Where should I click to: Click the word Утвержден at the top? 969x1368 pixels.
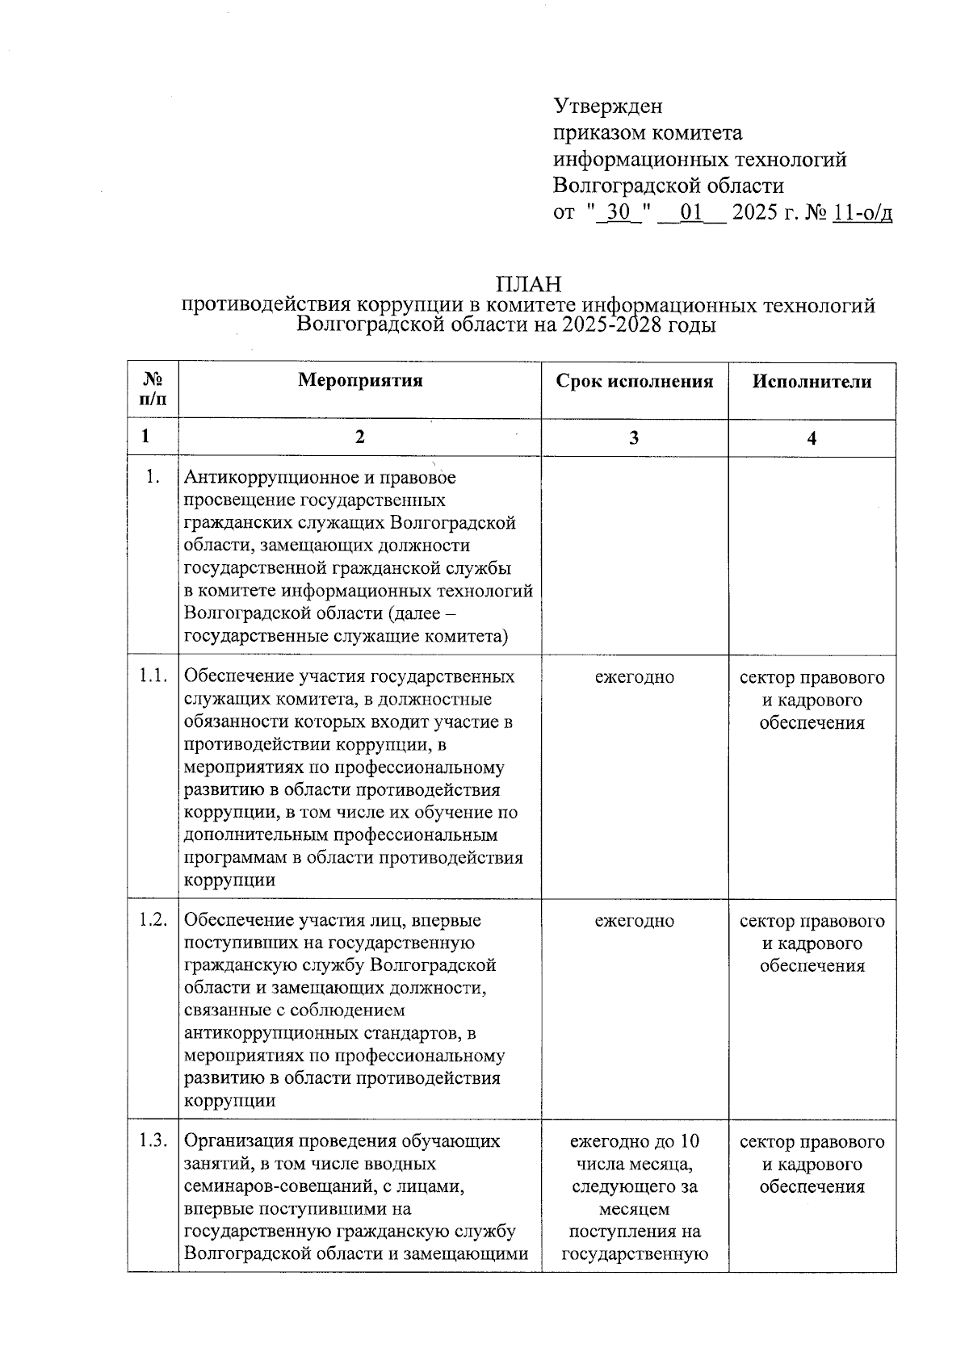coord(607,106)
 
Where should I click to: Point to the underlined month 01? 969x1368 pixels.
coord(691,213)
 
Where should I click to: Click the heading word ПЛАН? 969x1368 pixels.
coord(529,284)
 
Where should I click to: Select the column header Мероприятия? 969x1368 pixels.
coord(360,381)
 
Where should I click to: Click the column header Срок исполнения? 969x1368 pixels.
coord(635,382)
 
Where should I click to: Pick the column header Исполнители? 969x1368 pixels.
coord(812,382)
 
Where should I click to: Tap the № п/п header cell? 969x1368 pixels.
coord(153,389)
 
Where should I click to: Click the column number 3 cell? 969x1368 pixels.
coord(635,437)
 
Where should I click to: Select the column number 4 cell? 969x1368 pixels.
coord(812,438)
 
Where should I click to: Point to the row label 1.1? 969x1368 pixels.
coord(153,676)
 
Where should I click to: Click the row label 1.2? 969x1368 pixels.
coord(153,919)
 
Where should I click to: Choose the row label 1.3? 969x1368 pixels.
coord(153,1140)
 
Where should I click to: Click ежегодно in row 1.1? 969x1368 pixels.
coord(635,677)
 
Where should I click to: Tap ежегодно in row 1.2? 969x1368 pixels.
coord(635,921)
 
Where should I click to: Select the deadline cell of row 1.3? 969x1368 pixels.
coord(635,1197)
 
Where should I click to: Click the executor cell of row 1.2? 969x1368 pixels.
coord(812,943)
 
